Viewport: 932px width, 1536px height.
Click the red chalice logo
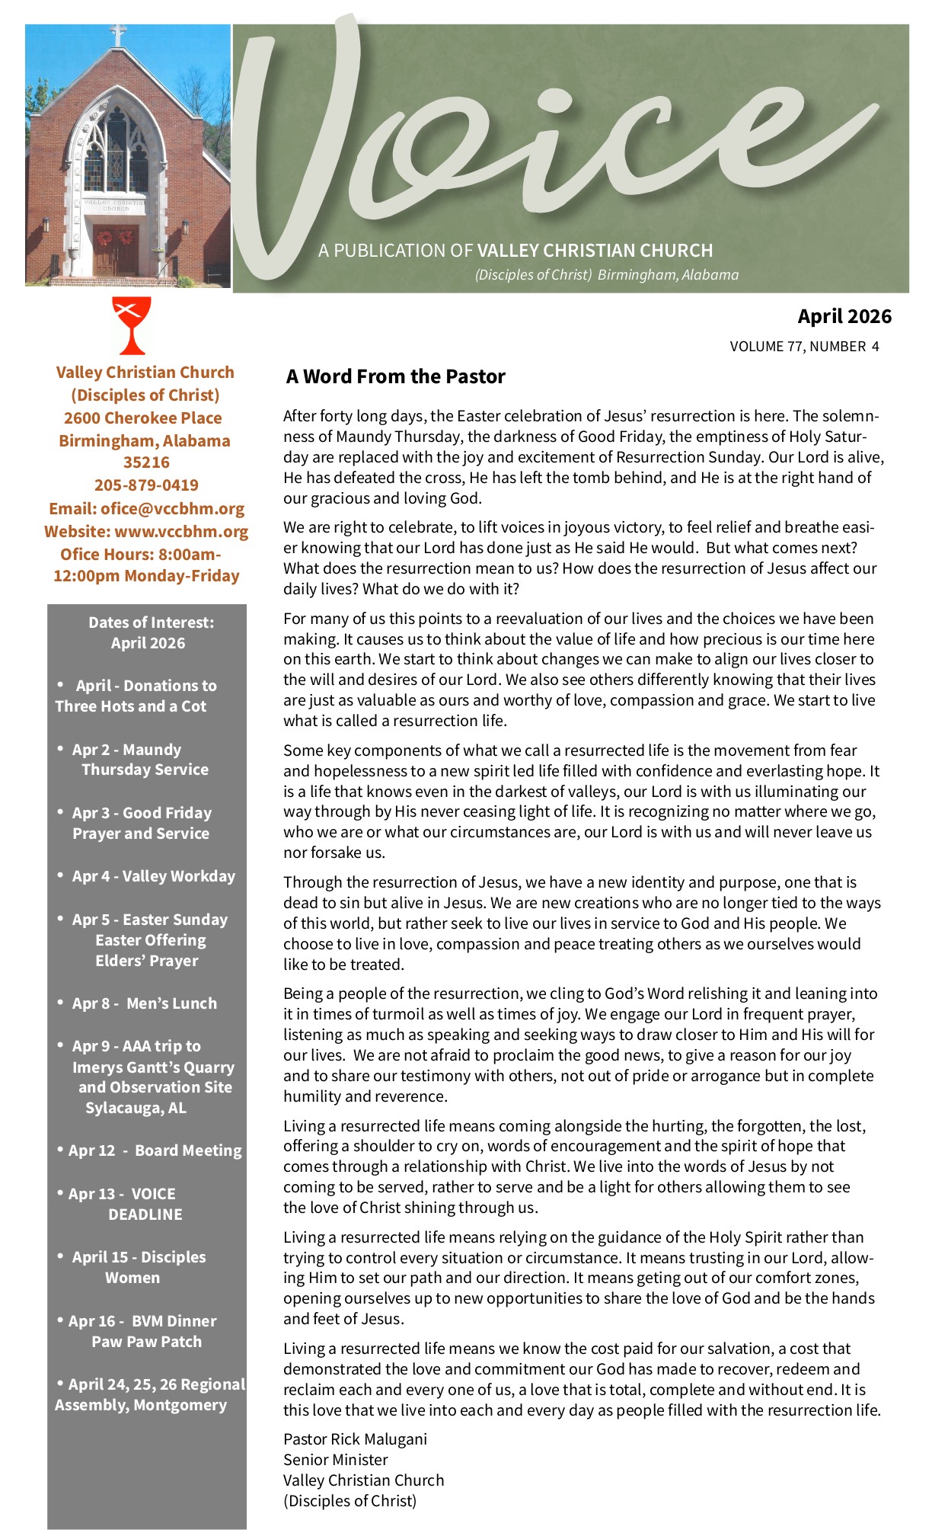(x=132, y=325)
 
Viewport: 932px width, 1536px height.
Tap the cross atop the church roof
(x=118, y=34)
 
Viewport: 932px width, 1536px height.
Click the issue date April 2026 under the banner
(x=844, y=316)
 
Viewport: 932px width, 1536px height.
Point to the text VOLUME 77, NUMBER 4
(x=804, y=347)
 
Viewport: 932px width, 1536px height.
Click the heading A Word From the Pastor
(x=395, y=376)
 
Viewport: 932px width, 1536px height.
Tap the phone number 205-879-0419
(x=146, y=485)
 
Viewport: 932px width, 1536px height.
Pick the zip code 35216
(x=146, y=462)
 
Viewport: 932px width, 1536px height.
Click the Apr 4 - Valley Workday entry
(x=153, y=876)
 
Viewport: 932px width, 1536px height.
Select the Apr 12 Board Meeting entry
(x=155, y=1150)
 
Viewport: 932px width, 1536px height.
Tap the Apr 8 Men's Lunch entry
(x=144, y=1003)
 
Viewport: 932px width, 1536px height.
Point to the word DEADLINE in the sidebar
(x=145, y=1214)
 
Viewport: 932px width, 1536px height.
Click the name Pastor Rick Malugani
(x=355, y=1439)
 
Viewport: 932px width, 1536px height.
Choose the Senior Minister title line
(x=335, y=1460)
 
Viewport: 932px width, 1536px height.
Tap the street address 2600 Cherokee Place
(x=143, y=418)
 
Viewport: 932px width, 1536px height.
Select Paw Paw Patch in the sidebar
(x=147, y=1342)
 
